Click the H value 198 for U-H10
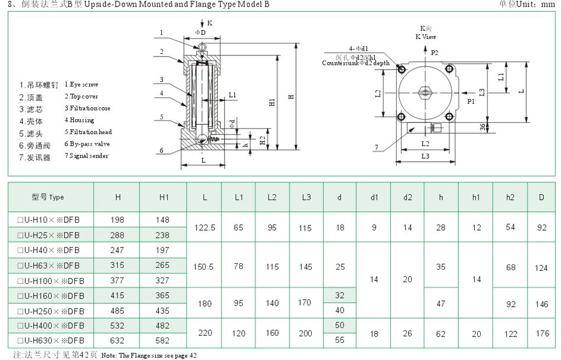118,220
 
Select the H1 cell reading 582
164,341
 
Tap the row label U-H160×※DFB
51,295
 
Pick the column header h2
510,197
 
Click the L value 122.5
204,227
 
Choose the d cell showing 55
340,341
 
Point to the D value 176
542,333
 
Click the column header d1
374,197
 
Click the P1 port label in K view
471,102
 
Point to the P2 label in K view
434,53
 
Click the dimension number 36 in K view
482,126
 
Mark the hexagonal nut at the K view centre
425,92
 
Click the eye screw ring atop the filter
203,47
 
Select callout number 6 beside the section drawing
161,150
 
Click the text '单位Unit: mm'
527,5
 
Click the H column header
118,197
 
